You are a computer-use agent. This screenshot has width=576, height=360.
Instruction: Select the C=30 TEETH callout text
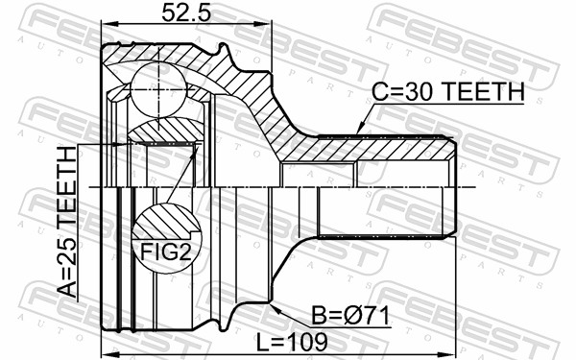[x=447, y=92]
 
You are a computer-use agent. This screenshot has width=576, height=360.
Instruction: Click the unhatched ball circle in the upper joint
[x=155, y=87]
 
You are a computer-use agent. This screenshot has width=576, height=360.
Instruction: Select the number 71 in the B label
[x=375, y=314]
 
